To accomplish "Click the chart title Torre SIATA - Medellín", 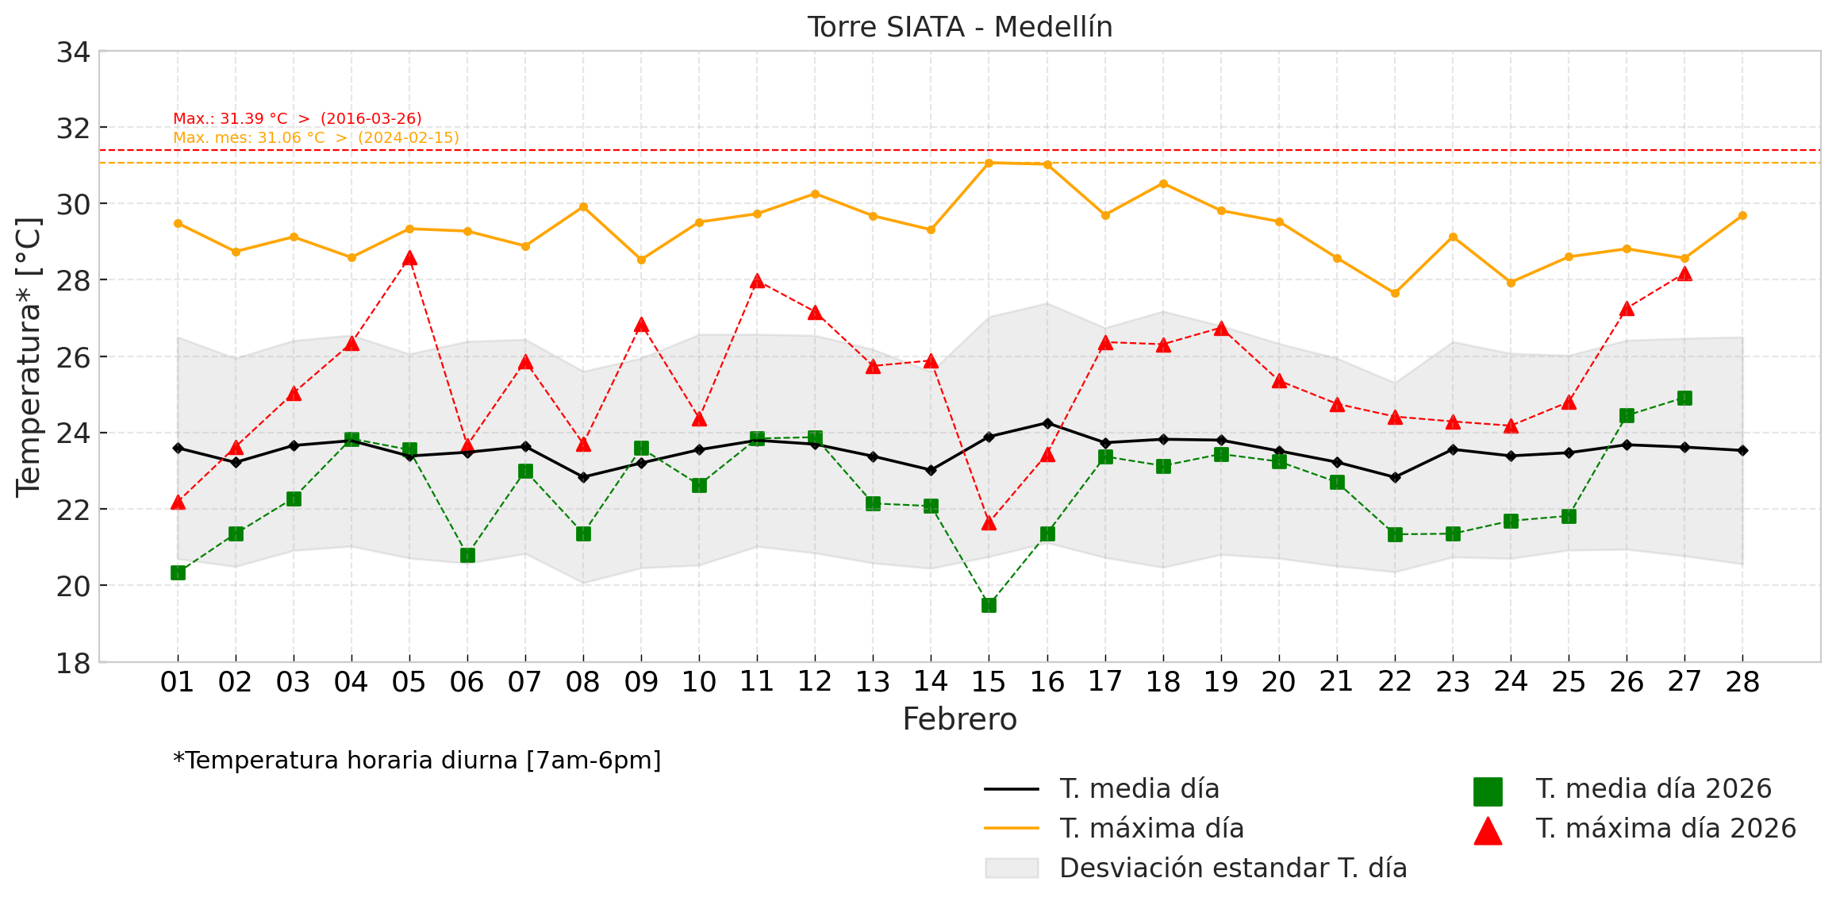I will click(959, 27).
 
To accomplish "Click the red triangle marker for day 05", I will click(409, 258).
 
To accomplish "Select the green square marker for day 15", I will click(989, 605).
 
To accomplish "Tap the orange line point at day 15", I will click(989, 163).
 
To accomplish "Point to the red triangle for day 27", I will click(1684, 274).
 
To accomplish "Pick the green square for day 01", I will click(178, 572).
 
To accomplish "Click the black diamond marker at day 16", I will click(1047, 423).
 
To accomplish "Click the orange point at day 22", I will click(1395, 293).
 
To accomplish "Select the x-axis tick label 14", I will click(931, 682).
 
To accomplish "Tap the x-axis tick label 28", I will click(1742, 682).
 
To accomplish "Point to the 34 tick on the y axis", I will click(73, 52).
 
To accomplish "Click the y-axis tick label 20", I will click(73, 586).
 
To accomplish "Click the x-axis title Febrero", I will click(959, 719).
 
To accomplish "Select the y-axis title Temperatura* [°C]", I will click(29, 356).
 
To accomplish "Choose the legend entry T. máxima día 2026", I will click(1665, 829).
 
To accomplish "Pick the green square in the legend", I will click(1488, 792).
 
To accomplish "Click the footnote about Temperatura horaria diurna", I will click(417, 761).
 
